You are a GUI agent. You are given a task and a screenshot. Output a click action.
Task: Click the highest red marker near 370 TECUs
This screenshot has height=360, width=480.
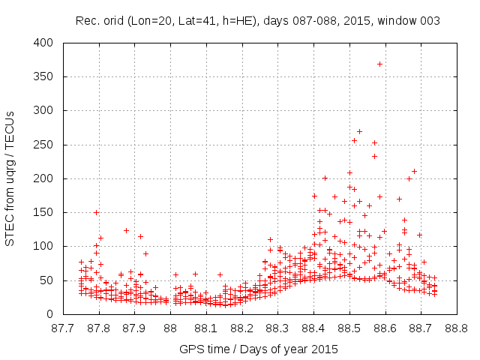[x=379, y=64]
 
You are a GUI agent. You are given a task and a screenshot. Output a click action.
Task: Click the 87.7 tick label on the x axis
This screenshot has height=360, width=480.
[x=62, y=328]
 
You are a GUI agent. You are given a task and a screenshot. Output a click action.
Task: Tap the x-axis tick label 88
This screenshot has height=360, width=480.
[x=170, y=328]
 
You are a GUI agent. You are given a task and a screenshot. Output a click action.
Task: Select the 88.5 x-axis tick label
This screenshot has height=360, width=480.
[x=349, y=328]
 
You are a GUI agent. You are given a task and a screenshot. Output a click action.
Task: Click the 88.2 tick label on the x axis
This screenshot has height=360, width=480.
[x=241, y=328]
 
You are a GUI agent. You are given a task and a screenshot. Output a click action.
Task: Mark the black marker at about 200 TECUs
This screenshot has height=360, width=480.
[x=325, y=178]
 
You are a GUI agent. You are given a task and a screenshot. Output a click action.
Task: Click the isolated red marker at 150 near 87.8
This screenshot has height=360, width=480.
[x=96, y=212]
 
